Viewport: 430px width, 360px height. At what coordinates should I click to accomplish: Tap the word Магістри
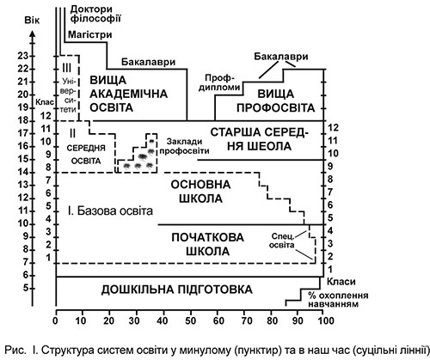[x=90, y=34]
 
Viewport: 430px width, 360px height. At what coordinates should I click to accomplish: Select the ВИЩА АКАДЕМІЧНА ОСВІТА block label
[x=129, y=94]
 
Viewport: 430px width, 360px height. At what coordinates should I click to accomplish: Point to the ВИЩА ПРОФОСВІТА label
[x=276, y=101]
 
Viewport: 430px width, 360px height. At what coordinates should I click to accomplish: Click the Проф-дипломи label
[x=220, y=82]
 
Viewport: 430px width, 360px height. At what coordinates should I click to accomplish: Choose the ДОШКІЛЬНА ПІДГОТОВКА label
[x=177, y=290]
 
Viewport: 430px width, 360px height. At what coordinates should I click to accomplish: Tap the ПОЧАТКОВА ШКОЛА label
[x=207, y=244]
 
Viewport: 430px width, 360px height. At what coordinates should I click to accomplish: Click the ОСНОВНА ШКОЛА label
[x=200, y=192]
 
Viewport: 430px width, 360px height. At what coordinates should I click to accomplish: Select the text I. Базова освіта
[x=110, y=211]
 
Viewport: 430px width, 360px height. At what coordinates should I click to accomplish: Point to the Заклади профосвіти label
[x=184, y=146]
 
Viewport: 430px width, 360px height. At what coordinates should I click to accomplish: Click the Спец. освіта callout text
[x=282, y=241]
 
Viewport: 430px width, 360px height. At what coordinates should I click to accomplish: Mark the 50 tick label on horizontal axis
[x=189, y=320]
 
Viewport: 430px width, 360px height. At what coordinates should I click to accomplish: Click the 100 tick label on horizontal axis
[x=323, y=320]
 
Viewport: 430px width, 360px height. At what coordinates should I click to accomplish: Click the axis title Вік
[x=32, y=21]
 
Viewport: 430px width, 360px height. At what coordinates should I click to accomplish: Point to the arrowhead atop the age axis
[x=33, y=33]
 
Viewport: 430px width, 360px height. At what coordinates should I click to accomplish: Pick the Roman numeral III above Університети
[x=66, y=69]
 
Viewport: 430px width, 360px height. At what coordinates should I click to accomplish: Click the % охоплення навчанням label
[x=338, y=300]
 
